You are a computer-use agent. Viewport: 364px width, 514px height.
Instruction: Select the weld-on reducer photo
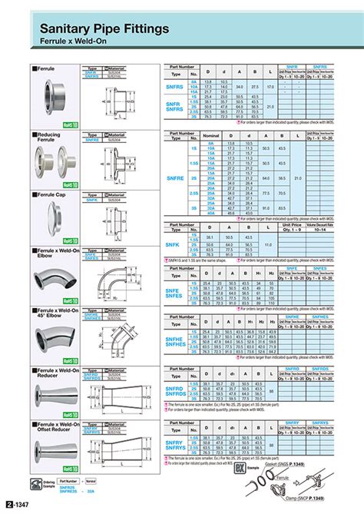pyautogui.click(x=55, y=398)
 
